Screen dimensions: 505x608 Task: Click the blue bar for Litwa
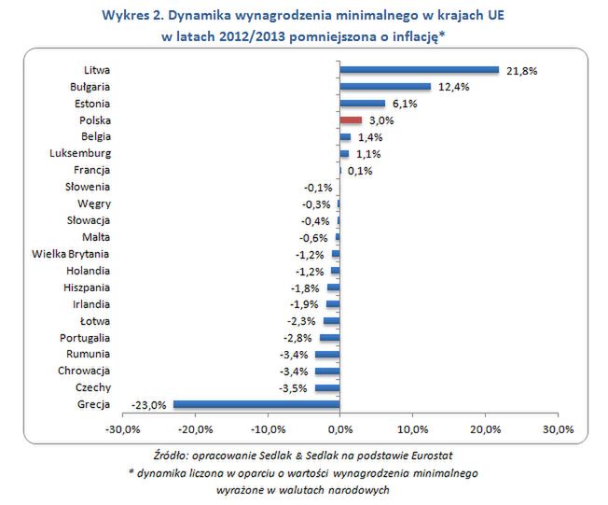[420, 69]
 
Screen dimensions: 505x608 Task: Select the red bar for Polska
[351, 119]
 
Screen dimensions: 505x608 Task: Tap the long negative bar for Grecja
[256, 404]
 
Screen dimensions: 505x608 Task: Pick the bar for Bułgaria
[385, 86]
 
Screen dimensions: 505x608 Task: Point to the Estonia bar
[362, 103]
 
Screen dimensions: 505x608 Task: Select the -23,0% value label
[149, 405]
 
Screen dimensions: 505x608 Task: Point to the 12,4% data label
[451, 87]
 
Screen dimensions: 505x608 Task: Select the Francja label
[91, 170]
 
